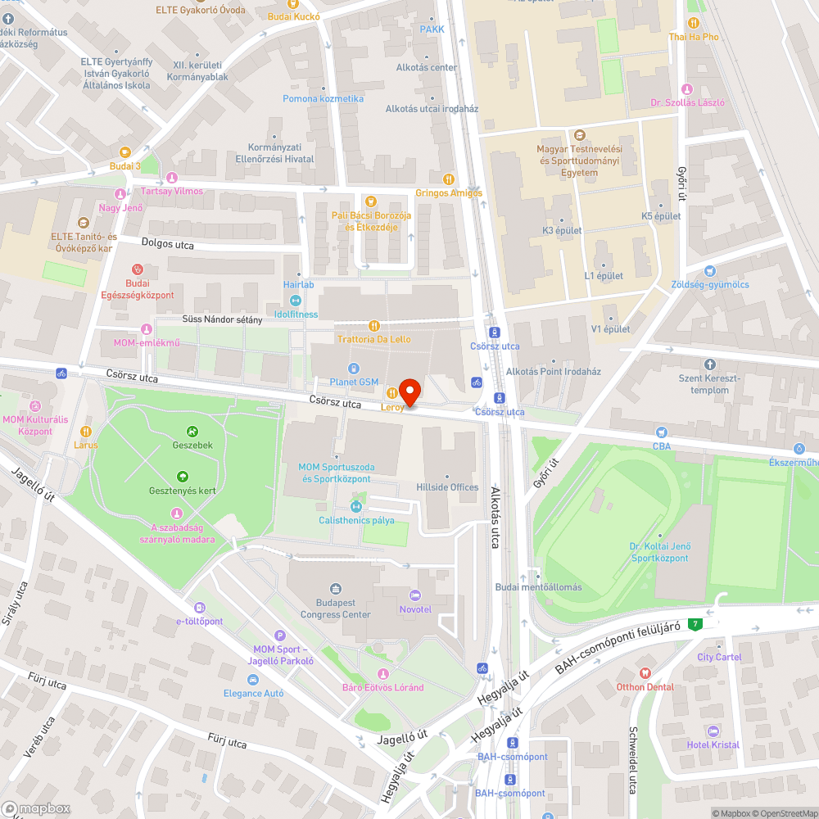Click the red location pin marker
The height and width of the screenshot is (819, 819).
coord(409,391)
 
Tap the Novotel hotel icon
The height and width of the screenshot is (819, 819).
coord(414,595)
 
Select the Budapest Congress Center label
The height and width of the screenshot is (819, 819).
coord(335,609)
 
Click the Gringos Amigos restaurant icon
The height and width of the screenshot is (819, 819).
coord(448,179)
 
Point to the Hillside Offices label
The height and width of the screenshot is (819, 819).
coord(447,487)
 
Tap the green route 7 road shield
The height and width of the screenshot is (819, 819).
coord(695,624)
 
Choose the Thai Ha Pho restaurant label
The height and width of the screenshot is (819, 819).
coord(694,37)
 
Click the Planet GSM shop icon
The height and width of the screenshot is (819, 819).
coord(354,369)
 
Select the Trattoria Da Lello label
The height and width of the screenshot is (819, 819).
coord(373,339)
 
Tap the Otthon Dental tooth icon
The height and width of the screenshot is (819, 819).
coord(645,672)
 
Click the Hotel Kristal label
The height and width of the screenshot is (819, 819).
coord(713,744)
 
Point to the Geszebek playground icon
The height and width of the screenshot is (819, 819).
coord(192,431)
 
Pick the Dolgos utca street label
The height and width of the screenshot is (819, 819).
coord(167,242)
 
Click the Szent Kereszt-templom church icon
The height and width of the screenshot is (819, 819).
coord(709,364)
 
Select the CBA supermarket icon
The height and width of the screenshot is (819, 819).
coord(662,432)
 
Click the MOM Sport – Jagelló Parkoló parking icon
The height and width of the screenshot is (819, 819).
coord(279,636)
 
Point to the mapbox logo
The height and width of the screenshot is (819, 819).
coord(36,808)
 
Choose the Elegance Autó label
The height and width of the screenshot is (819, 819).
coord(254,693)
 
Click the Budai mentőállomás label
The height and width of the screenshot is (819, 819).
coord(538,587)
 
